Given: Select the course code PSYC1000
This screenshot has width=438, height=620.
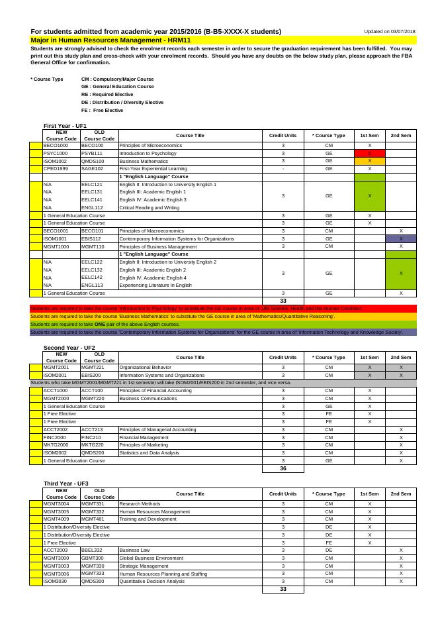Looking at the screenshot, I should tap(56, 153).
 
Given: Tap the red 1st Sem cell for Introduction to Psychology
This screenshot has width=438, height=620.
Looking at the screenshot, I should tap(370, 153).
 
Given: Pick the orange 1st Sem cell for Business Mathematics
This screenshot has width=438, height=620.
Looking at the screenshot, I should tap(370, 161).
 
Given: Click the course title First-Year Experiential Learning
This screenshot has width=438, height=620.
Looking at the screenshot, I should tap(153, 169).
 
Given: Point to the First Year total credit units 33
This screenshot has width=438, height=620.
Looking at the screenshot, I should tap(283, 301).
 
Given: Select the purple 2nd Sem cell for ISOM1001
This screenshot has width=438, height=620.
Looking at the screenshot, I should tap(401, 238).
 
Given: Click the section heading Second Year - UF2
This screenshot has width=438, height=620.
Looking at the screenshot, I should tap(69, 348).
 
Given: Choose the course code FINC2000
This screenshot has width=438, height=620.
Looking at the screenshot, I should tap(55, 437).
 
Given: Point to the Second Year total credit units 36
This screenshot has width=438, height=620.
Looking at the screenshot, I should tap(283, 468).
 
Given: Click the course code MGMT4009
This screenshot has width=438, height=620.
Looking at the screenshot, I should tap(56, 519).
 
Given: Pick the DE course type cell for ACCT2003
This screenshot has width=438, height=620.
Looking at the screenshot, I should tap(329, 550).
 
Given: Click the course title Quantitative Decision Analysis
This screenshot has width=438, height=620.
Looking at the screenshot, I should tap(152, 581).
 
